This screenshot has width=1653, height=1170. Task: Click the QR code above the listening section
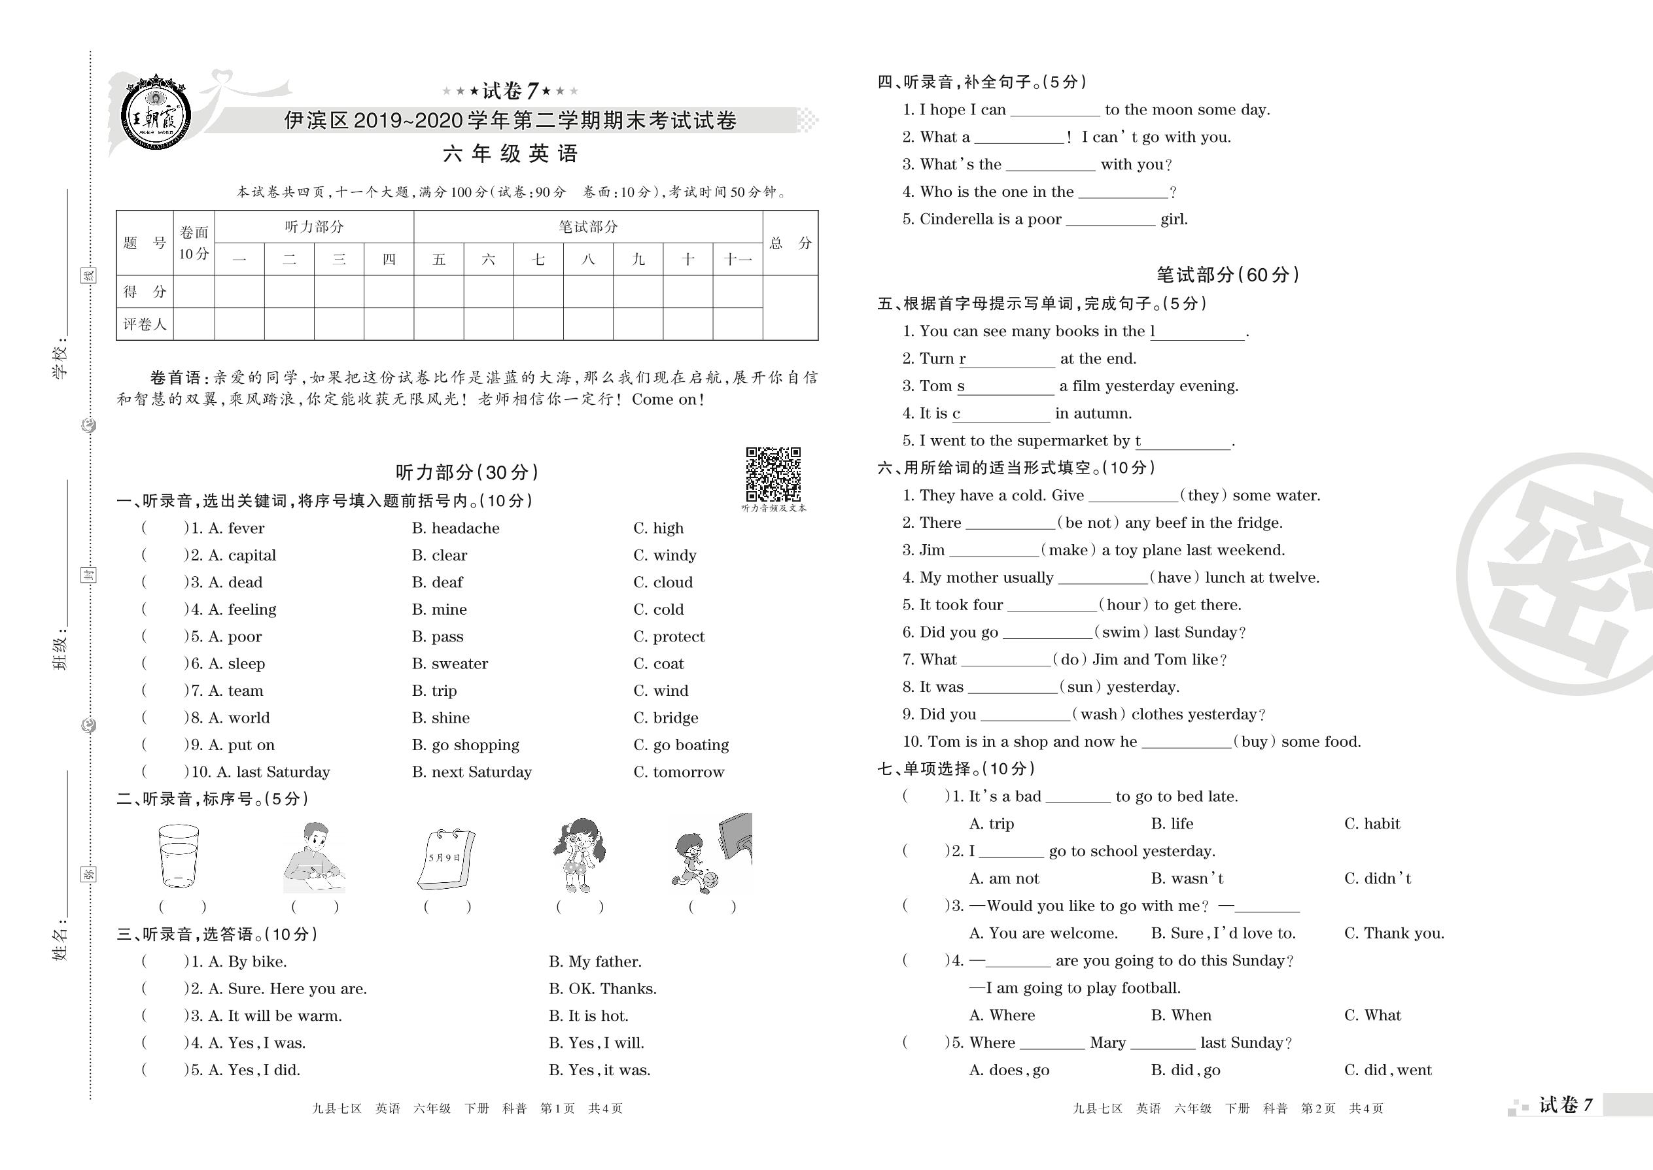pyautogui.click(x=773, y=474)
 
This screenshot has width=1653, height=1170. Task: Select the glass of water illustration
pyautogui.click(x=178, y=856)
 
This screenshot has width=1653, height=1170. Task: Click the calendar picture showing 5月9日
pyautogui.click(x=446, y=859)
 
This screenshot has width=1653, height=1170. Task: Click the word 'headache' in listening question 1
pyautogui.click(x=465, y=528)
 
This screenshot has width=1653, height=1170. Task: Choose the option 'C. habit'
pyautogui.click(x=1372, y=823)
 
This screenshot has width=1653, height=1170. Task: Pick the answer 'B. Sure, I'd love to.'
pyautogui.click(x=1223, y=933)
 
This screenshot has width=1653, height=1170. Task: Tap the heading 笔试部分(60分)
pyautogui.click(x=1227, y=275)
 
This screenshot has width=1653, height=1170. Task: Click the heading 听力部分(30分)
pyautogui.click(x=467, y=473)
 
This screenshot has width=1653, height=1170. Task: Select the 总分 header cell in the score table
pyautogui.click(x=790, y=243)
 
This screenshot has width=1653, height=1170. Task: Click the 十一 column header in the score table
pyautogui.click(x=737, y=260)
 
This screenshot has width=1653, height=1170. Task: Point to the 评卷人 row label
pyautogui.click(x=144, y=324)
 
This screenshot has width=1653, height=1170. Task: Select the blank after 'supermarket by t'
pyautogui.click(x=1186, y=441)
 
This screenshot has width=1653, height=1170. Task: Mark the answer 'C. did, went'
pyautogui.click(x=1388, y=1070)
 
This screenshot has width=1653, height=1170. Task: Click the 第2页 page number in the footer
pyautogui.click(x=1318, y=1108)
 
